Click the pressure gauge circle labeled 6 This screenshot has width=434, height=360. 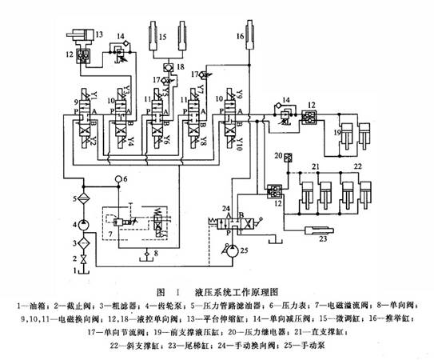click(117, 179)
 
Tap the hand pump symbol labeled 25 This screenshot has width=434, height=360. click(232, 250)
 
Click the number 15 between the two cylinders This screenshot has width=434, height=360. click(162, 36)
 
